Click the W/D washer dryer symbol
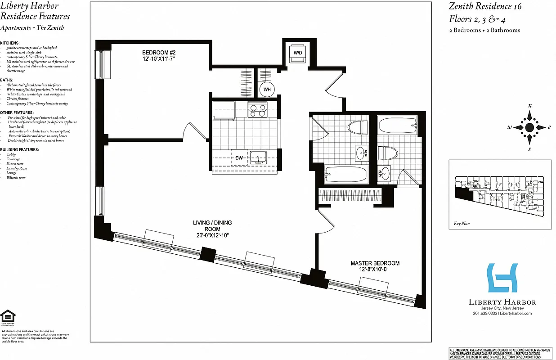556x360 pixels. pyautogui.click(x=298, y=53)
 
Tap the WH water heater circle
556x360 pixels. pyautogui.click(x=267, y=89)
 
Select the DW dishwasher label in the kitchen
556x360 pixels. pyautogui.click(x=239, y=158)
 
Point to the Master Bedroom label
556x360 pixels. pyautogui.click(x=375, y=263)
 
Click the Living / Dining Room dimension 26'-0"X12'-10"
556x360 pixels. pyautogui.click(x=212, y=235)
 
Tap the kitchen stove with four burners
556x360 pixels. pyautogui.click(x=257, y=109)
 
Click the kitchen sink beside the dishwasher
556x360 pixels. pyautogui.click(x=258, y=158)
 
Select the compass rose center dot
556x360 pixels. pyautogui.click(x=529, y=127)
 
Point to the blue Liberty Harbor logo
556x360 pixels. pyautogui.click(x=502, y=278)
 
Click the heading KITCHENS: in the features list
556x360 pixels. pyautogui.click(x=10, y=43)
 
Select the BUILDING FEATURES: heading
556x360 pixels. pyautogui.click(x=19, y=149)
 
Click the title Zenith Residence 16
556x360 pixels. pyautogui.click(x=485, y=6)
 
